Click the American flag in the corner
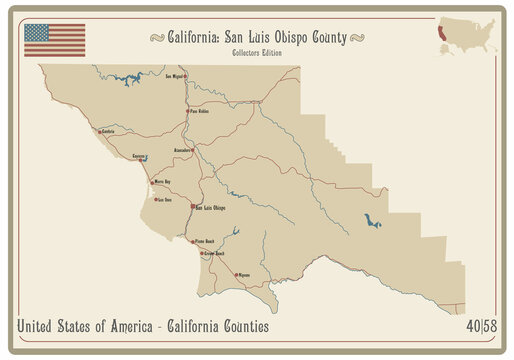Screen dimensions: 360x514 point(55,40)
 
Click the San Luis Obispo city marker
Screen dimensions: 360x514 point(192,207)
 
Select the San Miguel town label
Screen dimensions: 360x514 point(175,75)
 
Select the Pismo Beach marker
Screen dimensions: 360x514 point(192,241)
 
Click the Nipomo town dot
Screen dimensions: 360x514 point(236,274)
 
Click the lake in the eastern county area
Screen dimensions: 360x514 point(373,221)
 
